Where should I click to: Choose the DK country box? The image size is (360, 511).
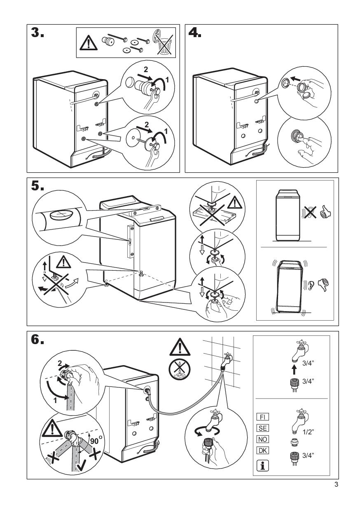(263, 450)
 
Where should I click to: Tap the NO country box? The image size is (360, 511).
(263, 440)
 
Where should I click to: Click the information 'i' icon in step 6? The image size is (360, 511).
(262, 465)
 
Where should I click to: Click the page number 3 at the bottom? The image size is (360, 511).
(337, 485)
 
